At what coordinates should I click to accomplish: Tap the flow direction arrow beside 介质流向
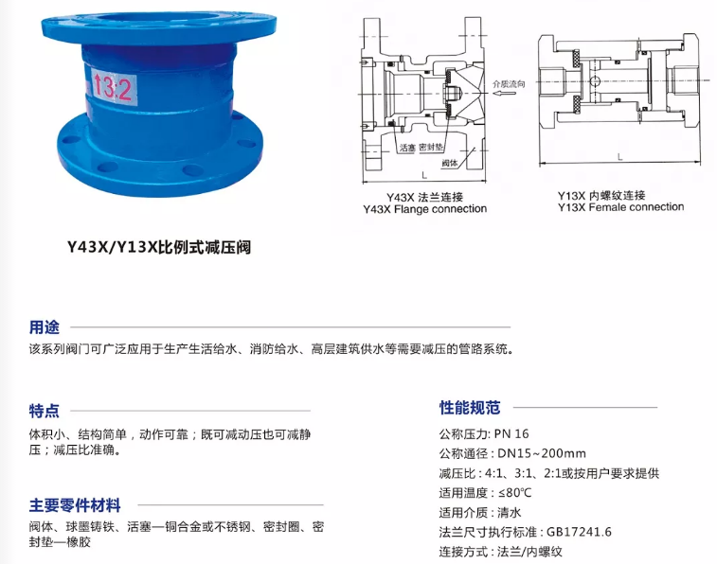click(x=505, y=94)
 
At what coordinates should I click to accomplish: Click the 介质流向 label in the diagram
click(x=509, y=83)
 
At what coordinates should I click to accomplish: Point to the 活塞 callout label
click(x=407, y=148)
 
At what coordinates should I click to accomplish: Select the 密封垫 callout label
click(x=431, y=147)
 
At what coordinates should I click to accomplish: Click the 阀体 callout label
click(x=449, y=163)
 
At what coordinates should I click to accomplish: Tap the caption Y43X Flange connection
click(x=425, y=209)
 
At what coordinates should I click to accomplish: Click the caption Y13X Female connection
click(x=620, y=207)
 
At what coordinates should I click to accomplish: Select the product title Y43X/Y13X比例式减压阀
click(x=159, y=247)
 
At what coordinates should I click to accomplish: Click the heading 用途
click(x=45, y=327)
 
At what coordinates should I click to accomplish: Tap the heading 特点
click(x=45, y=411)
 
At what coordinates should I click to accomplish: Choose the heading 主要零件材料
click(x=75, y=505)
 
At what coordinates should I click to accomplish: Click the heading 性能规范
click(x=470, y=407)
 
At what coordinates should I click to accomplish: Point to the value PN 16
click(x=511, y=433)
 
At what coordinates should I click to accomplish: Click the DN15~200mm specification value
click(x=542, y=453)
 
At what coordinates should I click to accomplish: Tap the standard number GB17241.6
click(x=579, y=532)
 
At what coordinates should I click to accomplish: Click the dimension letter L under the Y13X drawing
click(x=620, y=157)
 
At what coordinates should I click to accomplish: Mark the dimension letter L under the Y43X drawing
click(x=424, y=175)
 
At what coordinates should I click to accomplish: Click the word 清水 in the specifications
click(x=510, y=512)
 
